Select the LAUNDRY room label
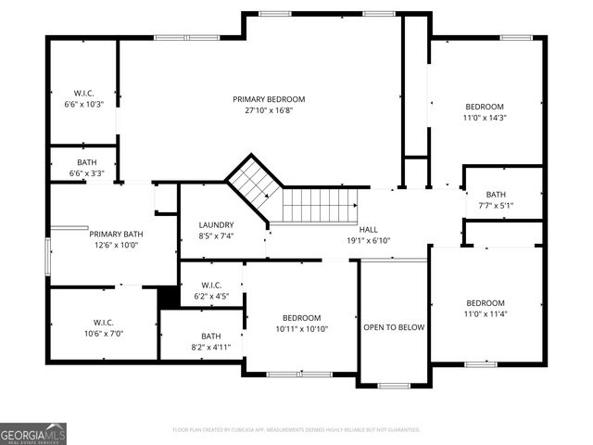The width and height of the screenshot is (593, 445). pos(216,225)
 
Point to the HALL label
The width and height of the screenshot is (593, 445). pos(368,229)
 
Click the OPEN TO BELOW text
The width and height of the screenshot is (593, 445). pos(394,328)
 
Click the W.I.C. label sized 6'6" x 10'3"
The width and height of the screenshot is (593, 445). pos(83,94)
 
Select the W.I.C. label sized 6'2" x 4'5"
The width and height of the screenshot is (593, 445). pos(211,286)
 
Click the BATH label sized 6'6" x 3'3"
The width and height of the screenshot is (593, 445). pos(86,162)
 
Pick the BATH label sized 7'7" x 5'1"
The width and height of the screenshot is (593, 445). pos(496,194)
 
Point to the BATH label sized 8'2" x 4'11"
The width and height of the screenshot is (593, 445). pos(211,337)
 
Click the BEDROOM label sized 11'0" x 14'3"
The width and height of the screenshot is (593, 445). pos(485,107)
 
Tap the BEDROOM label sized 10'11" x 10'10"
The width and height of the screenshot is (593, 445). pos(301,318)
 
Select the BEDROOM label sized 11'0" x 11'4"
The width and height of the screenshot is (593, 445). pos(485,303)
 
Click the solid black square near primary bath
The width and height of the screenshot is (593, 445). pos(169,298)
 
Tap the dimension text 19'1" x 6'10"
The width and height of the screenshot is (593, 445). pos(368,240)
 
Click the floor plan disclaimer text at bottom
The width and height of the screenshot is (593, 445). pos(296,430)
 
